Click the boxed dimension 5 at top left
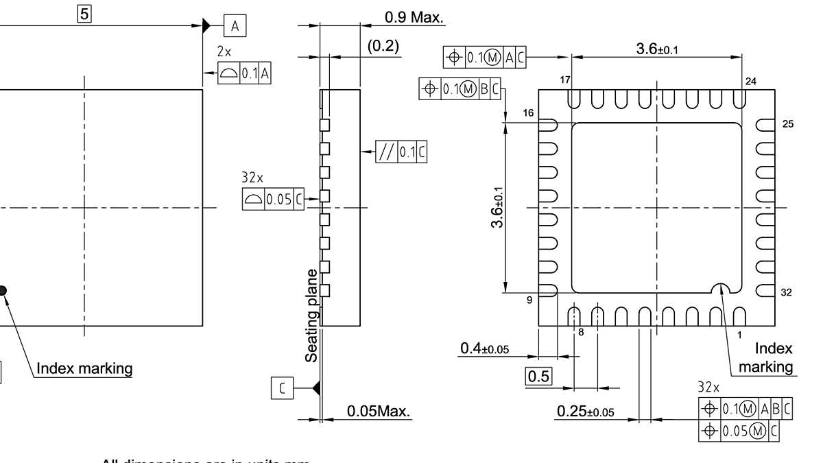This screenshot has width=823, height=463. [x=84, y=13]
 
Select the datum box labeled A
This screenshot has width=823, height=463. [x=235, y=26]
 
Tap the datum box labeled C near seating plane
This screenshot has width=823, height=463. [x=282, y=388]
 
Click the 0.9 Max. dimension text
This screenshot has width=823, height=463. [x=414, y=16]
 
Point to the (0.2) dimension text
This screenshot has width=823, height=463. [x=383, y=46]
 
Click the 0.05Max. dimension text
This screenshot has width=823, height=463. [x=378, y=412]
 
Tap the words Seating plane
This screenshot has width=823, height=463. [x=311, y=315]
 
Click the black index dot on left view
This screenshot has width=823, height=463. [x=2, y=291]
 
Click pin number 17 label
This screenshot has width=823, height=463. [x=564, y=81]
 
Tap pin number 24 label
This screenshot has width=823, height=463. [x=751, y=82]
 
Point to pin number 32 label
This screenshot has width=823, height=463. [x=786, y=292]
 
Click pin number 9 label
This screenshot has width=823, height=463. [x=529, y=300]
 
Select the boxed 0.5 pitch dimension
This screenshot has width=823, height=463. [x=538, y=377]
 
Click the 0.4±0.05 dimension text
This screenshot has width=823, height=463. [x=484, y=350]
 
